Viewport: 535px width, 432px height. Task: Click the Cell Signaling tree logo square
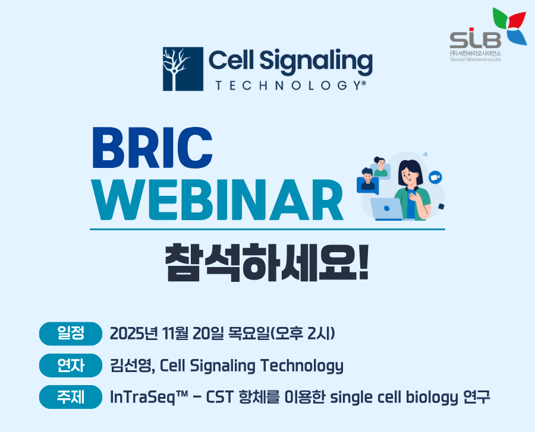pos(183,69)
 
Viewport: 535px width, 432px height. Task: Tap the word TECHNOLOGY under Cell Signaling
pos(290,85)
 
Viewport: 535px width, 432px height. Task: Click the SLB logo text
pos(476,39)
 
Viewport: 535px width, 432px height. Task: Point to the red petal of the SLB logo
pos(517,20)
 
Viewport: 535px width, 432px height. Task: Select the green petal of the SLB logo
pos(501,18)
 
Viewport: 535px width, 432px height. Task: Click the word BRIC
pos(152,148)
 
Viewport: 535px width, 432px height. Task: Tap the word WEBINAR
pos(218,201)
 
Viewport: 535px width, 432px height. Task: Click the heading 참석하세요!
pos(267,262)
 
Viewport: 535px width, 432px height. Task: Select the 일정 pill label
pos(71,333)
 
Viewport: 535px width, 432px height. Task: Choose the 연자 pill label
pos(71,365)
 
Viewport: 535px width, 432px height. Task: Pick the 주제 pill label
pos(71,397)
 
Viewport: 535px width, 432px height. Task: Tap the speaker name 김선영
pos(130,366)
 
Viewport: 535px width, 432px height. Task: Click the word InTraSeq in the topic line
pos(149,397)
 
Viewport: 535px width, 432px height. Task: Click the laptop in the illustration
pos(387,209)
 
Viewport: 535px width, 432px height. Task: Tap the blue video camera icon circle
pos(435,177)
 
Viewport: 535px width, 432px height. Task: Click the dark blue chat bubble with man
pos(368,185)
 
